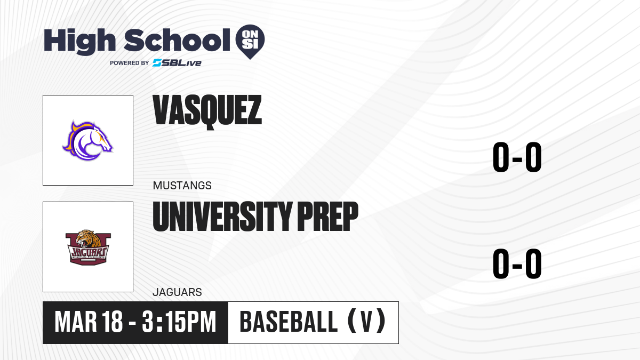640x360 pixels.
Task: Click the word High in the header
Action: click(x=80, y=42)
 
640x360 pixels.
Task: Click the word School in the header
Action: click(x=177, y=40)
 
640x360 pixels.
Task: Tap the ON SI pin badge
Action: click(x=250, y=42)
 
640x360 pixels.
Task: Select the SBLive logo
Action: click(x=177, y=63)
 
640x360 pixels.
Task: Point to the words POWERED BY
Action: click(x=130, y=63)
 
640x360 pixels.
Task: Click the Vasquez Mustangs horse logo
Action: click(x=87, y=141)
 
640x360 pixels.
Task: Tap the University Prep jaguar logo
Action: click(x=88, y=247)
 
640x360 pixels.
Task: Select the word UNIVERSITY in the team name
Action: click(x=223, y=216)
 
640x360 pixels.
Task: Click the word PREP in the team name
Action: click(x=327, y=216)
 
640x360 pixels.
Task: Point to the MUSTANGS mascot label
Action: click(x=182, y=186)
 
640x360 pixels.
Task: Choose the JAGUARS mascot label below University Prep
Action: click(x=177, y=292)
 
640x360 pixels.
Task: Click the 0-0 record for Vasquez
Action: click(x=517, y=157)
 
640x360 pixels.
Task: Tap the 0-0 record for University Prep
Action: click(x=517, y=263)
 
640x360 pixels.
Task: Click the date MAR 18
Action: click(x=89, y=322)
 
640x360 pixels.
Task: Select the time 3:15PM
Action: click(x=179, y=322)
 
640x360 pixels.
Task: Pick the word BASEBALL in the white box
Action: click(x=289, y=322)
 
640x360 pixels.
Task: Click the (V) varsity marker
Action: click(x=367, y=321)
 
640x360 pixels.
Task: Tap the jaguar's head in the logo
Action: click(x=87, y=238)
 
